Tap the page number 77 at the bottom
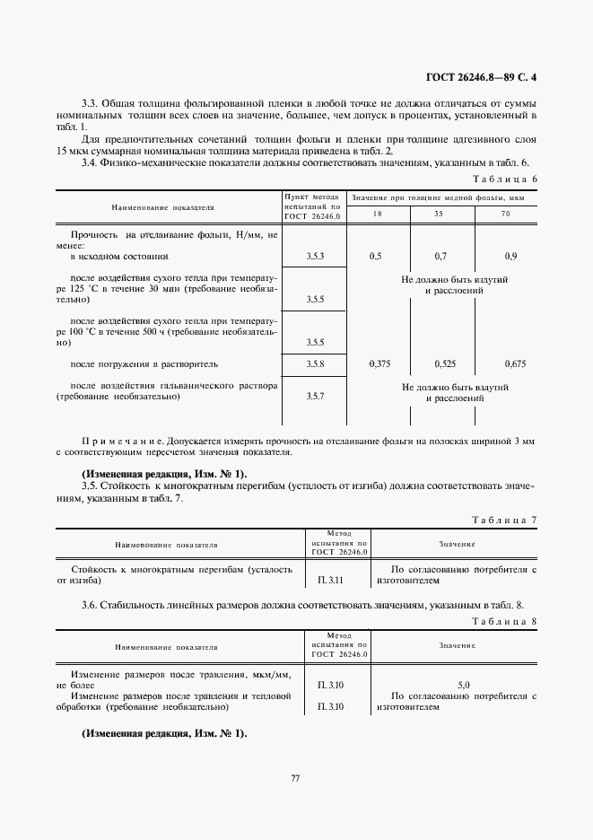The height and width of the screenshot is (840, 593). pyautogui.click(x=295, y=778)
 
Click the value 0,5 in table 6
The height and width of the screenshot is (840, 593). pyautogui.click(x=375, y=257)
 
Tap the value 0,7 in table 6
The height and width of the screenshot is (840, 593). pyautogui.click(x=440, y=257)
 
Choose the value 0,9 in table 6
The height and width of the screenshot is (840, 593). pyautogui.click(x=510, y=257)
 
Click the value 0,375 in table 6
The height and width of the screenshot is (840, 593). pyautogui.click(x=379, y=364)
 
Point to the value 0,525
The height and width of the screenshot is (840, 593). pyautogui.click(x=444, y=364)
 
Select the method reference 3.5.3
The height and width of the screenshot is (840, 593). pyautogui.click(x=314, y=257)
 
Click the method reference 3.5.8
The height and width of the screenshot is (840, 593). pyautogui.click(x=314, y=364)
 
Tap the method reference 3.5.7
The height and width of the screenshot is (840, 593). pyautogui.click(x=314, y=396)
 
